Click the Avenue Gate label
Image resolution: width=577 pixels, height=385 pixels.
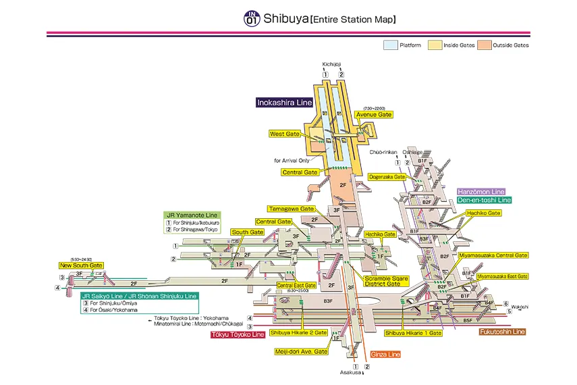click(x=374, y=115)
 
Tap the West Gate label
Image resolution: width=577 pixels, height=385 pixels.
click(x=284, y=134)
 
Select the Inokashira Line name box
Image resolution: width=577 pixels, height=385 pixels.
click(x=284, y=103)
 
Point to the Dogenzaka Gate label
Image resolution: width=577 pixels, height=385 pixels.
click(x=387, y=177)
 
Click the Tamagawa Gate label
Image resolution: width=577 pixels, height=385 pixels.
click(x=292, y=209)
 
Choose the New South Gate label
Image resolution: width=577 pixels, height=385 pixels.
click(x=81, y=265)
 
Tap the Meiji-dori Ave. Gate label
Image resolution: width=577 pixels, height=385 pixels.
click(x=301, y=352)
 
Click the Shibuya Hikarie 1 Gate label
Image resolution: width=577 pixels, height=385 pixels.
click(x=413, y=333)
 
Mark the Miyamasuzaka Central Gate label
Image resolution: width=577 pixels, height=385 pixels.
click(x=493, y=255)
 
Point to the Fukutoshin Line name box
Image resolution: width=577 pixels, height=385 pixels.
click(x=502, y=332)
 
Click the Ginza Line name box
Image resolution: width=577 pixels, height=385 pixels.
click(x=385, y=354)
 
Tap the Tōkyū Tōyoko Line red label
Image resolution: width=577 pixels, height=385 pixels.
click(x=238, y=335)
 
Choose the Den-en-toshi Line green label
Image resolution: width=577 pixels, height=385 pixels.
click(x=484, y=200)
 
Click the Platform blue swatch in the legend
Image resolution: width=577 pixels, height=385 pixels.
click(x=390, y=46)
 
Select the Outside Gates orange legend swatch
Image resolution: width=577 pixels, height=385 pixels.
click(x=485, y=46)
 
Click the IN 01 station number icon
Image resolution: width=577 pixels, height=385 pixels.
click(x=251, y=18)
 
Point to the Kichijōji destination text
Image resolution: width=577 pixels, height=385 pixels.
click(x=333, y=65)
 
